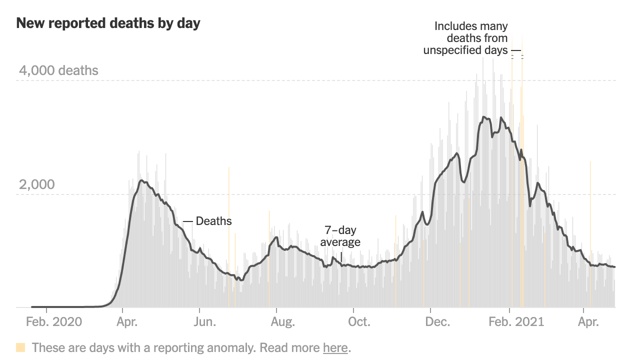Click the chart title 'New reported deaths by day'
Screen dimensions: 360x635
[108, 23]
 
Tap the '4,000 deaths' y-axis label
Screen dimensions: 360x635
[58, 70]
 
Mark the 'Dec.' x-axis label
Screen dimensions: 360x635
[436, 322]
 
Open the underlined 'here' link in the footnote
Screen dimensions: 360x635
[335, 347]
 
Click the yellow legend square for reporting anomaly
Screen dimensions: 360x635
[20, 347]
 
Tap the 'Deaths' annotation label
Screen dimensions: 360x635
[213, 221]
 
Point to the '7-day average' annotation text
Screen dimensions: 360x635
[340, 236]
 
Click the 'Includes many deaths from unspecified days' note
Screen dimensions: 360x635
[465, 38]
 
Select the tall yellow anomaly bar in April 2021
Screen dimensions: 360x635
[590, 235]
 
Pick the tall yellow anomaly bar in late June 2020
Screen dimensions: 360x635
[229, 235]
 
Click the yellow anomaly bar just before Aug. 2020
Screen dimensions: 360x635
[269, 260]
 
